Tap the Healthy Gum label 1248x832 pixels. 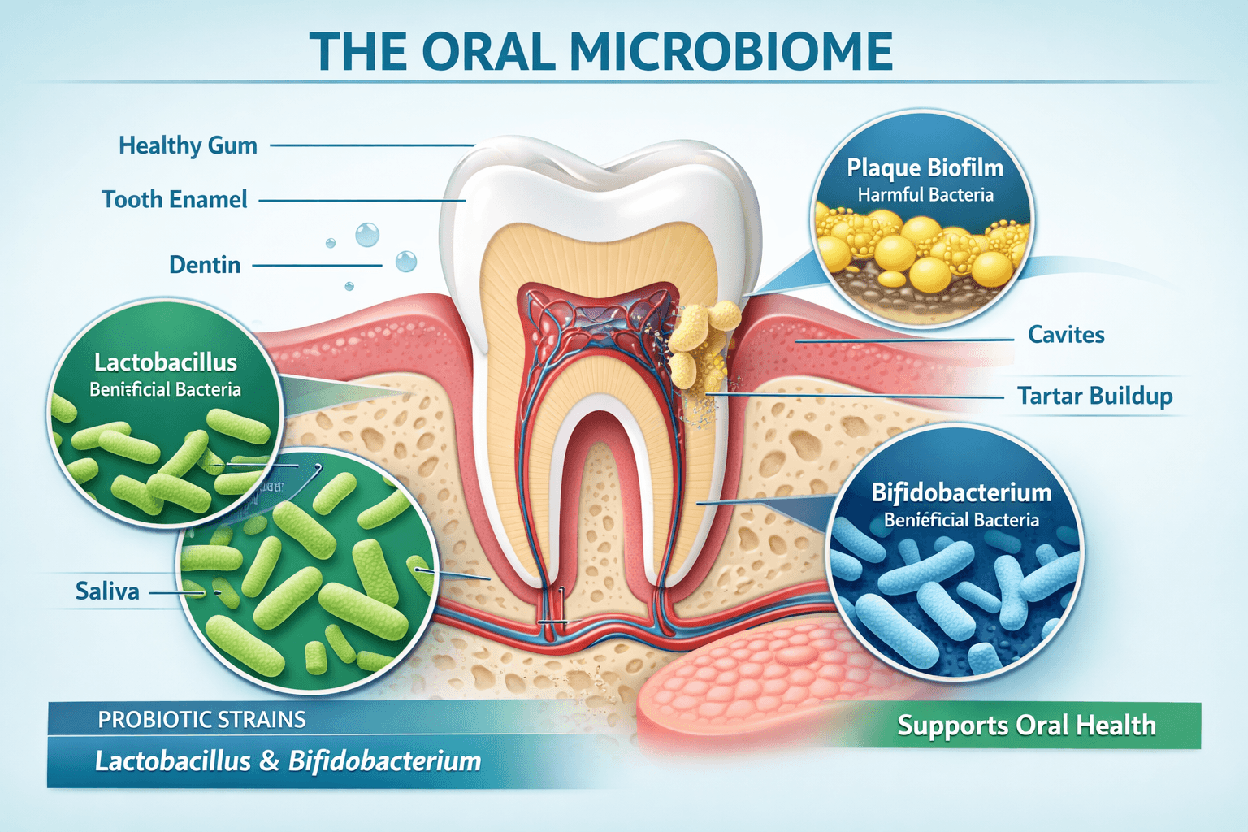188,145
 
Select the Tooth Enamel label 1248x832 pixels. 174,199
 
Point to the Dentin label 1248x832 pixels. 205,265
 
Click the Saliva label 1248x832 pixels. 107,591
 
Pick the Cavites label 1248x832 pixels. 1066,335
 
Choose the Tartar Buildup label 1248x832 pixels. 1094,396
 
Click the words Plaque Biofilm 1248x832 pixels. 925,167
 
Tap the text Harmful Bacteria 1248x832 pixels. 925,195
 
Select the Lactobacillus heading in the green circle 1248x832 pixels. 166,362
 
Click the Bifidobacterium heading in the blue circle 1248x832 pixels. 961,492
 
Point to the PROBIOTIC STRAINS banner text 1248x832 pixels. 201,720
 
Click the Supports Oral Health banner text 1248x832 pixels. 1026,726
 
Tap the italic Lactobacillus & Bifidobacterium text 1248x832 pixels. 288,761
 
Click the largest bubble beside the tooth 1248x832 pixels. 367,235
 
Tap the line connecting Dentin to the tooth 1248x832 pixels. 317,265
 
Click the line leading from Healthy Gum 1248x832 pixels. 371,145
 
